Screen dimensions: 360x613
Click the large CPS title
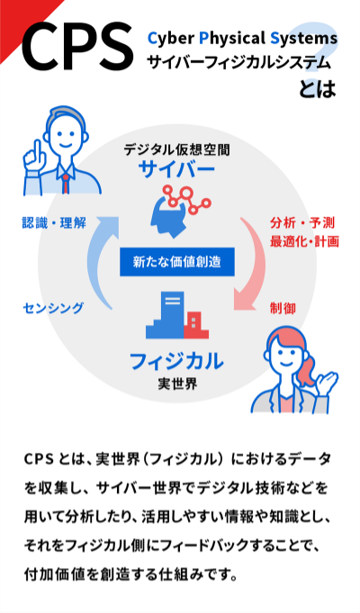pyautogui.click(x=77, y=45)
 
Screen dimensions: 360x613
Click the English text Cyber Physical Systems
pyautogui.click(x=242, y=39)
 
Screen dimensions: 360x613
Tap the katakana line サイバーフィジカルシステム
pyautogui.click(x=238, y=62)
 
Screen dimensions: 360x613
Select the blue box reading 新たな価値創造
pyautogui.click(x=177, y=262)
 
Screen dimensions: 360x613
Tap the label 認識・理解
pyautogui.click(x=54, y=223)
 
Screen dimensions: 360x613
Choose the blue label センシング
pyautogui.click(x=53, y=308)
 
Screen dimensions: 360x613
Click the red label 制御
pyautogui.click(x=283, y=308)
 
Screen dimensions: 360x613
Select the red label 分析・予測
pyautogui.click(x=302, y=223)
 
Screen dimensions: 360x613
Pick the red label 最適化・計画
pyautogui.click(x=304, y=241)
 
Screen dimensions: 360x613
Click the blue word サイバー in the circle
pyautogui.click(x=176, y=169)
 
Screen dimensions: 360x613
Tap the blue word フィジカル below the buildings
pyautogui.click(x=176, y=361)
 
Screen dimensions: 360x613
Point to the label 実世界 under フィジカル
pyautogui.click(x=177, y=383)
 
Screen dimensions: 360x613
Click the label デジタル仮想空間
pyautogui.click(x=176, y=149)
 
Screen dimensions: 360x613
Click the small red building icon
pyautogui.click(x=196, y=325)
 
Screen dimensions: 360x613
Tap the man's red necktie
pyautogui.click(x=66, y=184)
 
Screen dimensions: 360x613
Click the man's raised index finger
pyautogui.click(x=38, y=149)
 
